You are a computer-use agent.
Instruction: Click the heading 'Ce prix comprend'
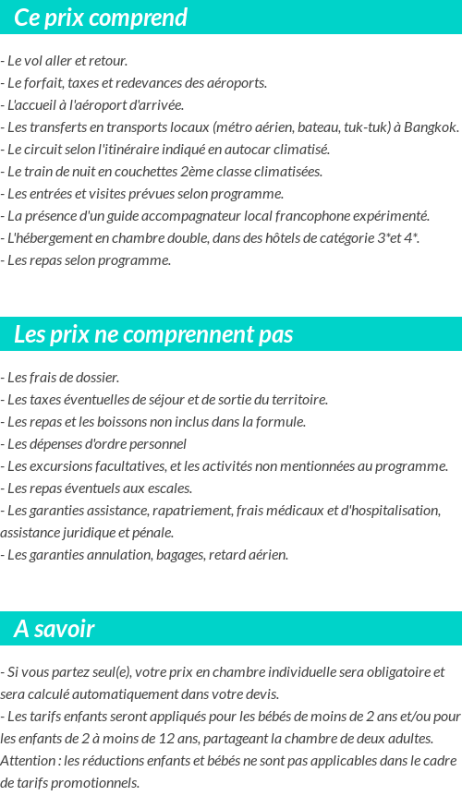coord(101,18)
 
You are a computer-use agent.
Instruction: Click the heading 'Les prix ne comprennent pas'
coord(153,334)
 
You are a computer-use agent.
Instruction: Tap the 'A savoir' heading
coord(55,629)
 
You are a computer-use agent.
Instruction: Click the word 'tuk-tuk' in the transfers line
coord(367,127)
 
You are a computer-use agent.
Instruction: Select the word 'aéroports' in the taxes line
coord(237,83)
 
